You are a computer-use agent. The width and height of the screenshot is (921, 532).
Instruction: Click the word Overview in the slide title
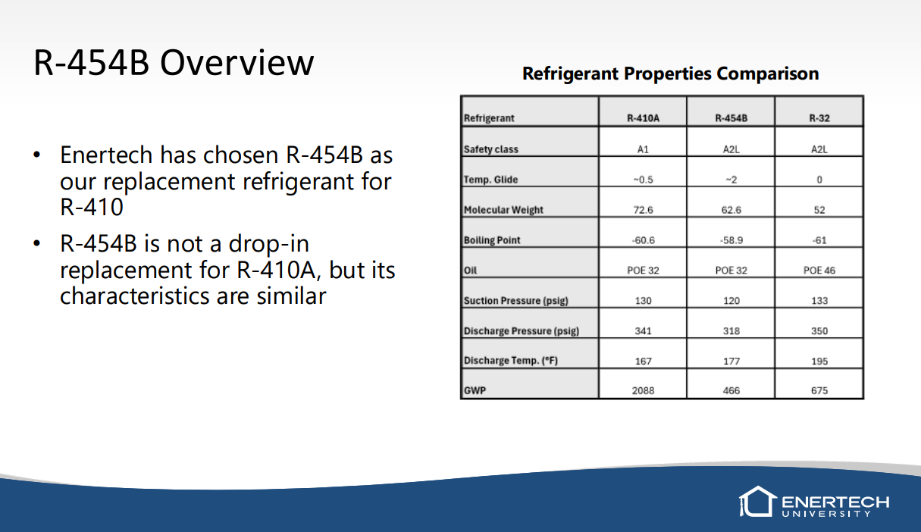(x=237, y=63)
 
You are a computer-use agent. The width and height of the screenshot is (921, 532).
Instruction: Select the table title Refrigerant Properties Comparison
(x=671, y=74)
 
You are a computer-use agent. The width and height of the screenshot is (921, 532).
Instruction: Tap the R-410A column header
(x=643, y=118)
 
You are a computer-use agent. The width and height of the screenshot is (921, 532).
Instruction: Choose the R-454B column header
(x=731, y=118)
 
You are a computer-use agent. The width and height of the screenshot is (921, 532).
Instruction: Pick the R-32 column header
(x=819, y=118)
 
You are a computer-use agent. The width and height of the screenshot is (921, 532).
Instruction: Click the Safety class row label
(x=491, y=149)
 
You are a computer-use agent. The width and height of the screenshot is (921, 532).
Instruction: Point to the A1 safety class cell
(x=643, y=149)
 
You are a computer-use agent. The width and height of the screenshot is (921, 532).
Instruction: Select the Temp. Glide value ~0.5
(x=643, y=180)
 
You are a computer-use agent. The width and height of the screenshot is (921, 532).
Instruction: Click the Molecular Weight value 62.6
(x=731, y=210)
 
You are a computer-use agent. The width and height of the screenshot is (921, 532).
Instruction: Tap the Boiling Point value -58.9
(x=731, y=240)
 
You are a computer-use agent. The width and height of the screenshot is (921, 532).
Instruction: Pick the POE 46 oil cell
(x=819, y=271)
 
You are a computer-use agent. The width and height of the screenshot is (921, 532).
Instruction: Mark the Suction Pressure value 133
(x=819, y=301)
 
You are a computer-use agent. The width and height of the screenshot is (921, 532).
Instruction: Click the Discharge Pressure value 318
(x=731, y=331)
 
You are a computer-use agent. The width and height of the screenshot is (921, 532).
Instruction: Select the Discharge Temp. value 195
(x=819, y=361)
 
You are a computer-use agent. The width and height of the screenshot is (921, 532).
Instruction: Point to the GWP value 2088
(x=643, y=390)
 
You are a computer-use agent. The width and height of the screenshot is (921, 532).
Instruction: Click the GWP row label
(x=475, y=390)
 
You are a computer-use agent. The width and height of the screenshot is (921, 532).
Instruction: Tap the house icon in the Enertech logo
(x=758, y=502)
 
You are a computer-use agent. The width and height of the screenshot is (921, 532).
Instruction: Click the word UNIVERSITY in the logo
(x=826, y=514)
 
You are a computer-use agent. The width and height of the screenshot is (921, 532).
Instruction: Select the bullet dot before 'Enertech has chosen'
(x=36, y=155)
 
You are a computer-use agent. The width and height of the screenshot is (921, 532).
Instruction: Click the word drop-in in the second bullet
(x=269, y=244)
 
